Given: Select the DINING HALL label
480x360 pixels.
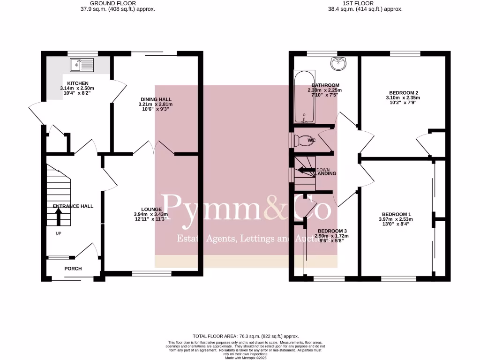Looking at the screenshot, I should pyautogui.click(x=156, y=99).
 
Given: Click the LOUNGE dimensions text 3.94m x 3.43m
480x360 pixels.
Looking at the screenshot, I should pyautogui.click(x=150, y=215).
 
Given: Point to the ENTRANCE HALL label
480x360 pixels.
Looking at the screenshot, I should pyautogui.click(x=73, y=206).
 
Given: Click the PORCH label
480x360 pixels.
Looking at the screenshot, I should pyautogui.click(x=73, y=269).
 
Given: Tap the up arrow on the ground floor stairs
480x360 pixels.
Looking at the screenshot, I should pyautogui.click(x=59, y=216).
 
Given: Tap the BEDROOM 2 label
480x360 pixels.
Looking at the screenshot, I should pyautogui.click(x=403, y=93).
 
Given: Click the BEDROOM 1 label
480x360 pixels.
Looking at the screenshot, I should pyautogui.click(x=396, y=213).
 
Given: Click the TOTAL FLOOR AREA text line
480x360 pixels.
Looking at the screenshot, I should pyautogui.click(x=246, y=336).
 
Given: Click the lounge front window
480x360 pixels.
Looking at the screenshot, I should pyautogui.click(x=151, y=273).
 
